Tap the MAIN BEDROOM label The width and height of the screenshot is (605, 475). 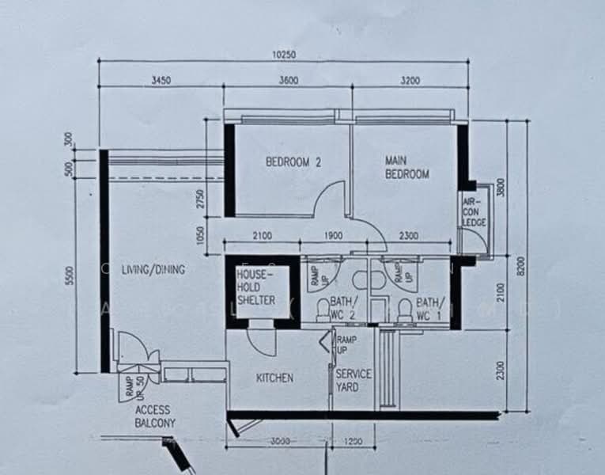tap(406, 167)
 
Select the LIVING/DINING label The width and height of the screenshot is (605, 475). tap(153, 270)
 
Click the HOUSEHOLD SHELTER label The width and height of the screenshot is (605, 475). tap(255, 287)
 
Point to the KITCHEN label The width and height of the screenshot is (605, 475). tap(274, 378)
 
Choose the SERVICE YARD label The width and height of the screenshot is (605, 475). tap(353, 380)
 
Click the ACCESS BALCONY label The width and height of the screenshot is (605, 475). tap(155, 416)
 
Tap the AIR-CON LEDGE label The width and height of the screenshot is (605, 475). tap(475, 212)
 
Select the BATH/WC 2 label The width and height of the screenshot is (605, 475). tap(344, 307)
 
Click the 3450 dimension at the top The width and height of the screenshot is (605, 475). tap(161, 80)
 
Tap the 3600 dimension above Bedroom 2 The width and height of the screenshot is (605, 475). tap(287, 80)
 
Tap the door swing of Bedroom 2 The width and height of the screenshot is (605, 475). tap(330, 199)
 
